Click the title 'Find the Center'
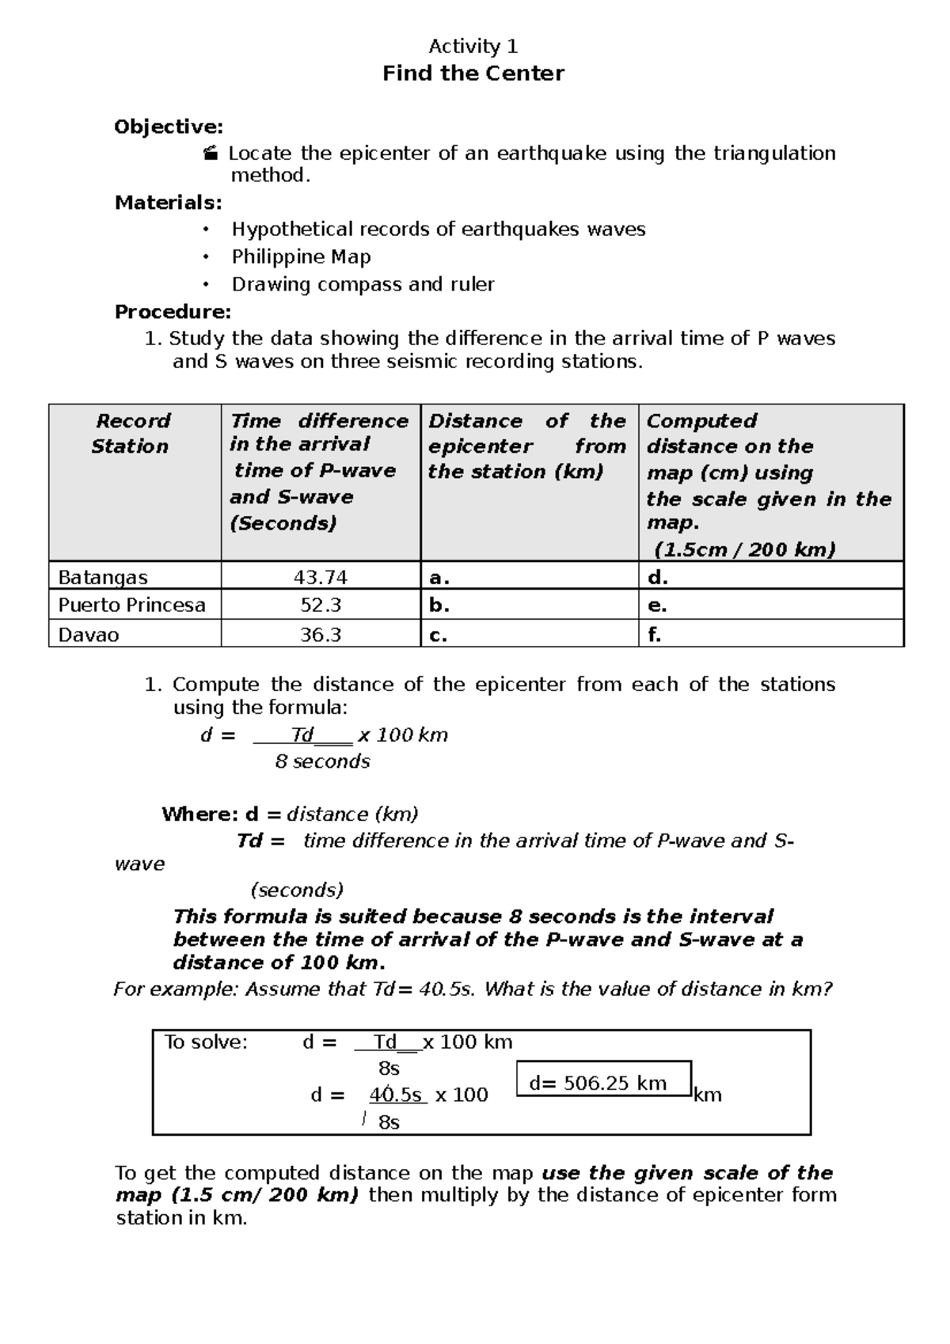coord(473,74)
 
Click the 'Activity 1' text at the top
coord(473,46)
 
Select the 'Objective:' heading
coord(169,127)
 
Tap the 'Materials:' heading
coord(169,203)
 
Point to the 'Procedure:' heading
coord(173,312)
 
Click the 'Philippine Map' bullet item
coord(301,256)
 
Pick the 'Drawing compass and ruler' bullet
coord(363,284)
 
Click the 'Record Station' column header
coord(131,433)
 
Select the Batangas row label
coord(103,577)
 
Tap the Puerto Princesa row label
coord(131,606)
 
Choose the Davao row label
coord(89,634)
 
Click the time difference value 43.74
coord(321,577)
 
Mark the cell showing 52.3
coord(321,606)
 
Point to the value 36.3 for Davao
coord(321,634)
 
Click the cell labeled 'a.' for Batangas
coord(439,577)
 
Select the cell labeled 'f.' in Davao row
coord(655,634)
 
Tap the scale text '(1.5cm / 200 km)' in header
coord(744,549)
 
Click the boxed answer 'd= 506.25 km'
coord(603,1082)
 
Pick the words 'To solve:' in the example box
coord(206,1042)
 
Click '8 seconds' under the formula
coord(322,761)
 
